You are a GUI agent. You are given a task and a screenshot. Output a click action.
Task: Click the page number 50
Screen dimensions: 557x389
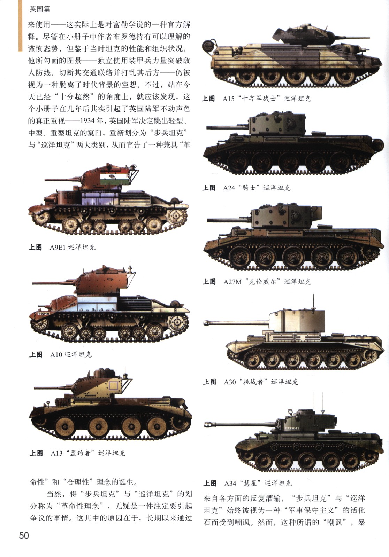[x=24, y=535]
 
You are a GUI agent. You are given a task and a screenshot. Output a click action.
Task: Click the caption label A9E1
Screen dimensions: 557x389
[x=58, y=247]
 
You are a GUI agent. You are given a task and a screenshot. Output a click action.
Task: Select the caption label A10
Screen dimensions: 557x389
[x=56, y=354]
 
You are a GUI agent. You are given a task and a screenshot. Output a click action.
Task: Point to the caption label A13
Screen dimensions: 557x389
[x=56, y=453]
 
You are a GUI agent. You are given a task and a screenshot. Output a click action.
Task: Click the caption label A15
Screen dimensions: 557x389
[x=229, y=99]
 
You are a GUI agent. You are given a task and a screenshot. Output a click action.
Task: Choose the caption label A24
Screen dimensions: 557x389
[x=229, y=188]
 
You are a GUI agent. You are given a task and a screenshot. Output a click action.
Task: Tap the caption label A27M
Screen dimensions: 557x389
[x=232, y=282]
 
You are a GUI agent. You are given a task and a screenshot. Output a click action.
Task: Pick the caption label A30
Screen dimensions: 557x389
[x=230, y=382]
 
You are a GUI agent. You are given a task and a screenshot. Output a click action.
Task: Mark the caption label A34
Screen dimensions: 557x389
[x=230, y=483]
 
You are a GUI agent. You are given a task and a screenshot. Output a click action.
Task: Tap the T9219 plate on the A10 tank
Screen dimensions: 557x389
[x=44, y=313]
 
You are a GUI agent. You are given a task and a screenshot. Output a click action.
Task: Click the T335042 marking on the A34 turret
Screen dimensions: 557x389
[x=292, y=428]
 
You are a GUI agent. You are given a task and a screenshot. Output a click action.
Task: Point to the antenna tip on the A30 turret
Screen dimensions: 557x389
[x=313, y=295]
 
